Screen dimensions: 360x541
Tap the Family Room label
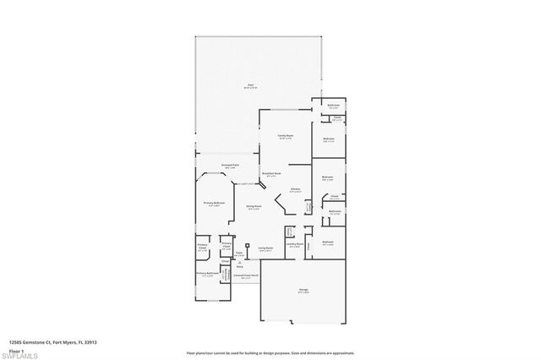coord(286,135)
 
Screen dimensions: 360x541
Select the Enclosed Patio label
coord(227,166)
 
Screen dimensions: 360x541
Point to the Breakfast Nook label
coord(271,174)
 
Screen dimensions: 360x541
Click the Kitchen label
coord(296,188)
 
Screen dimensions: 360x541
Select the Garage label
coord(303,290)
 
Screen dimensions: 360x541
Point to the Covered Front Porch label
coord(247,275)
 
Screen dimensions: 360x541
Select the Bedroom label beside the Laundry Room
coord(329,242)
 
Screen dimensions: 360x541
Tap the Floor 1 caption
coord(17,350)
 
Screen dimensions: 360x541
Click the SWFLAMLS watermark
coord(24,354)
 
